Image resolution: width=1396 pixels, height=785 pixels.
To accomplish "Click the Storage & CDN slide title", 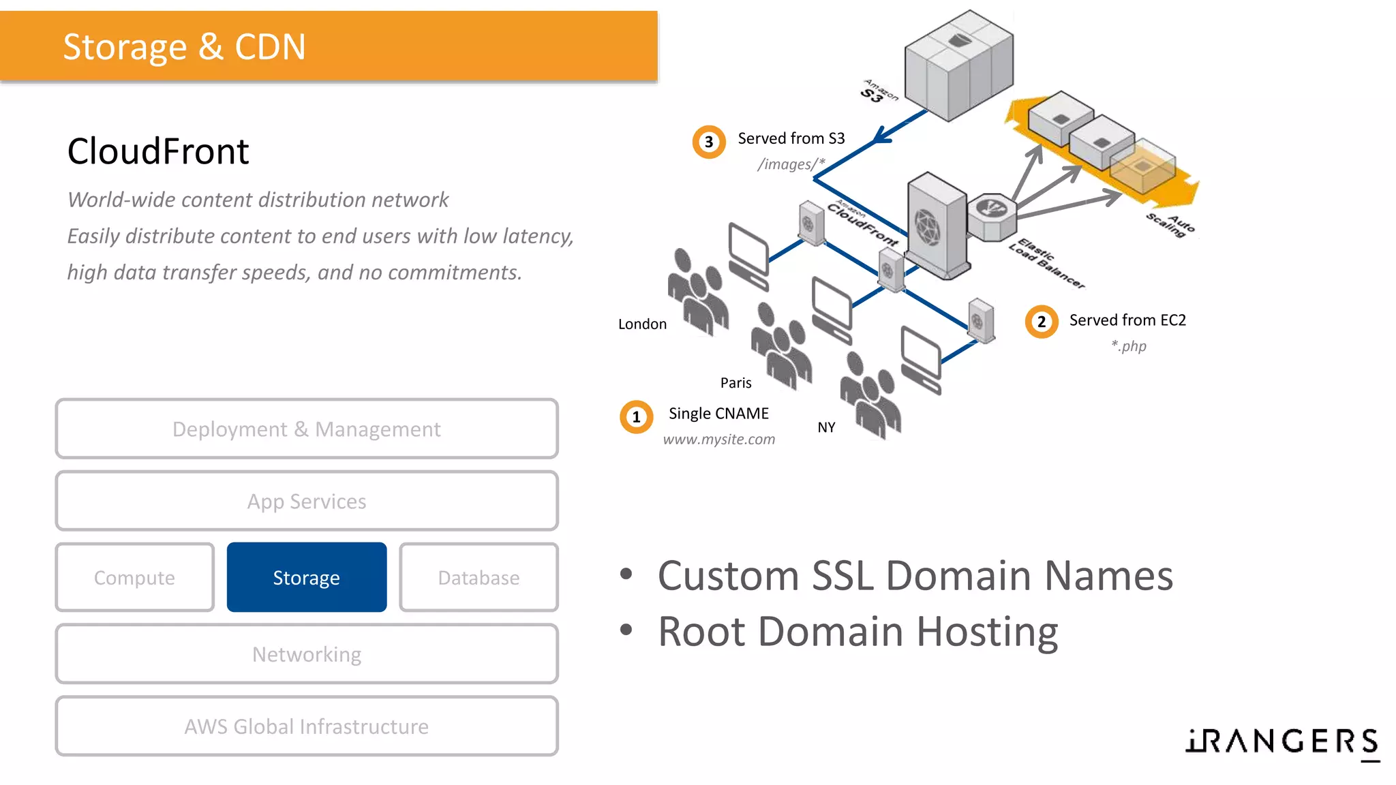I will click(184, 47).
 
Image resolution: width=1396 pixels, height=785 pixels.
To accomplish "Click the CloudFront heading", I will click(158, 151).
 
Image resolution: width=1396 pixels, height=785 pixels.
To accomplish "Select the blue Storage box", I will click(307, 577).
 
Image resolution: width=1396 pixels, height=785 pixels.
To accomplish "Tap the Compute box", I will click(135, 577).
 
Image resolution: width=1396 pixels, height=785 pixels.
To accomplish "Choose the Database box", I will click(479, 577).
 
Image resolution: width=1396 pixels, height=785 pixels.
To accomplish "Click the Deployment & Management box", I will click(307, 429).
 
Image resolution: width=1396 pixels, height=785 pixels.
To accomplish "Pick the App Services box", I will click(307, 502).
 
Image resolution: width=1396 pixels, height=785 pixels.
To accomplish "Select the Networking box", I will click(307, 654).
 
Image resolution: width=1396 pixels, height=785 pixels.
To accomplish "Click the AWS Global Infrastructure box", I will click(307, 726).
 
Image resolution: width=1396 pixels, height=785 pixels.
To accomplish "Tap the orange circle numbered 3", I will click(709, 142).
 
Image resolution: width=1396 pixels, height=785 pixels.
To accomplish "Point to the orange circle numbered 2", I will click(1042, 322).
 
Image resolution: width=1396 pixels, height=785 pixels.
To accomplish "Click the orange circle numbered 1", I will click(636, 416).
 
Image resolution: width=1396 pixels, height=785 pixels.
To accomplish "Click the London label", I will click(642, 324).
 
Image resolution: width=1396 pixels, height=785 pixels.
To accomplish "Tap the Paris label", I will click(735, 383).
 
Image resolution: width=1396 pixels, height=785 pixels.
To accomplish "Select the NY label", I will click(826, 427).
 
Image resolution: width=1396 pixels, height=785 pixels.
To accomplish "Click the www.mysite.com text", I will click(719, 440).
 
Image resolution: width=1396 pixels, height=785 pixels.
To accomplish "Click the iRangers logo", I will click(1282, 741).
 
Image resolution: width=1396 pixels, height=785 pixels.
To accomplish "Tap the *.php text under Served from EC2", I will click(1129, 346).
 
